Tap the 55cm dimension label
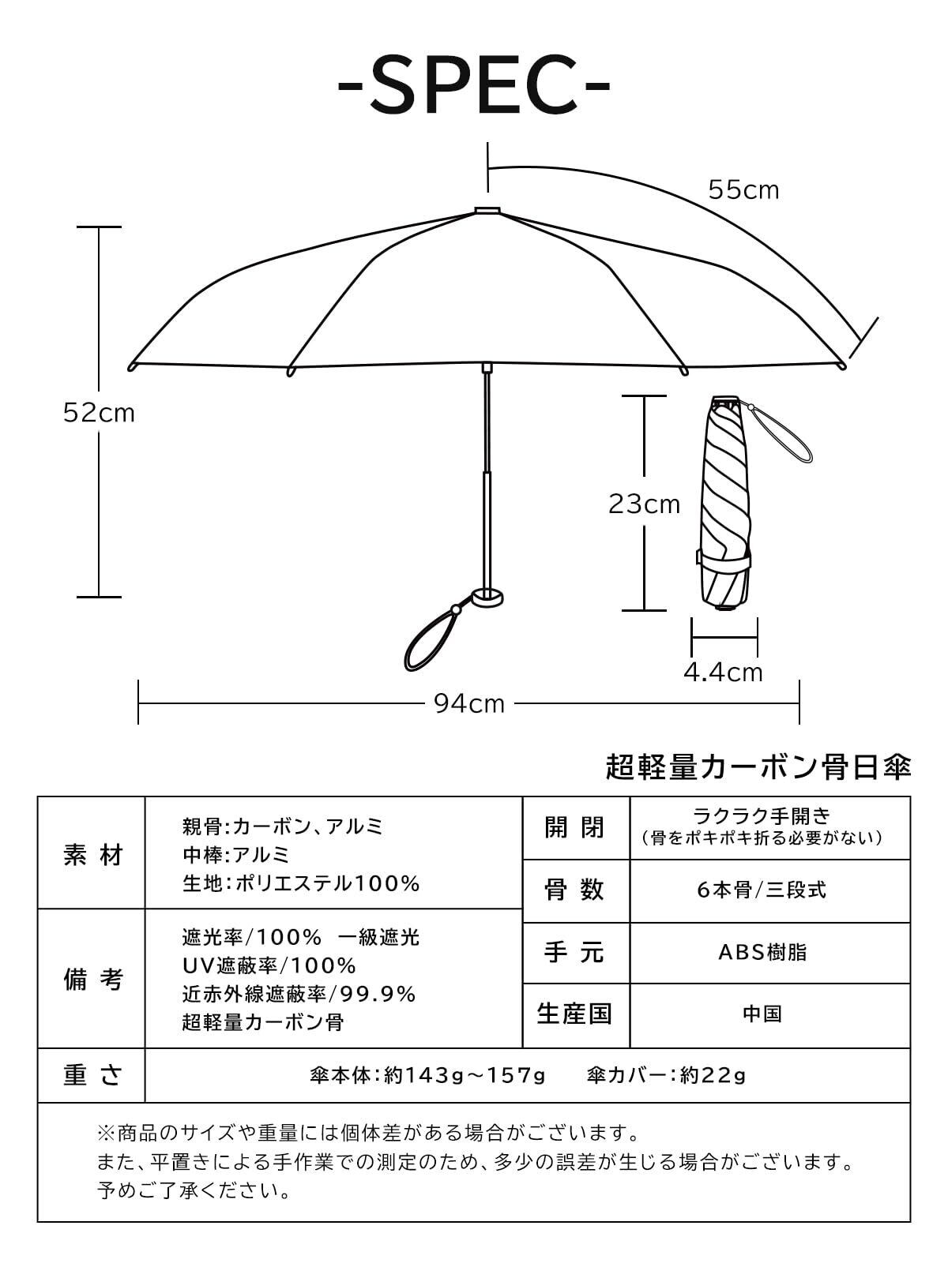pyautogui.click(x=743, y=190)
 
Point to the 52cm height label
pyautogui.click(x=99, y=413)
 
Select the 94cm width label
pyautogui.click(x=469, y=703)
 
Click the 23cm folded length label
pyautogui.click(x=644, y=504)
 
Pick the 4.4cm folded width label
pyautogui.click(x=723, y=673)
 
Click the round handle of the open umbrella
pyautogui.click(x=487, y=598)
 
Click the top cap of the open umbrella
pyautogui.click(x=487, y=211)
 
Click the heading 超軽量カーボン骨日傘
pyautogui.click(x=758, y=767)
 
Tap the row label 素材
pyautogui.click(x=92, y=855)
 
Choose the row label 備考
pyautogui.click(x=92, y=980)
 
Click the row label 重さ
pyautogui.click(x=92, y=1075)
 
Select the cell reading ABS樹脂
pyautogui.click(x=762, y=953)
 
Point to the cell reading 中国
pyautogui.click(x=762, y=1014)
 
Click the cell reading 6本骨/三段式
pyautogui.click(x=762, y=890)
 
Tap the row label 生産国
pyautogui.click(x=575, y=1014)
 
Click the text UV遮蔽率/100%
pyautogui.click(x=269, y=965)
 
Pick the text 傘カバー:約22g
pyautogui.click(x=666, y=1075)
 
